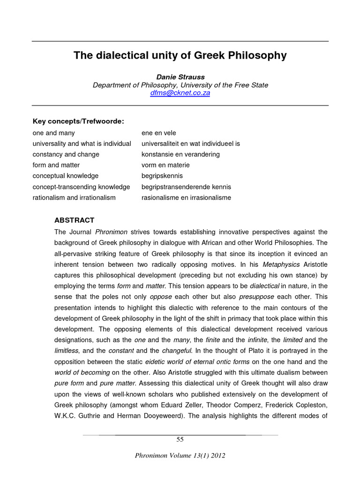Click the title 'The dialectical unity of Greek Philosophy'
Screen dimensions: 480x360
pos(180,56)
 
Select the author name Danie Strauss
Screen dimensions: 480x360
pos(180,77)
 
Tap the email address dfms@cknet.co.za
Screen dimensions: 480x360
pos(180,93)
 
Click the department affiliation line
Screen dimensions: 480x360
pos(180,85)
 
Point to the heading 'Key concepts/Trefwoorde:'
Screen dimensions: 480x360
pos(78,121)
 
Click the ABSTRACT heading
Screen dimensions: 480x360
pos(74,220)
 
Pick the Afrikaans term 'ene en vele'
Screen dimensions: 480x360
pos(158,133)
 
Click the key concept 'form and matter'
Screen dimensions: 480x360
pos(56,165)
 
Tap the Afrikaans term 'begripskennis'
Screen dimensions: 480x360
pos(162,176)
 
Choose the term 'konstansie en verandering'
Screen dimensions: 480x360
pos(180,154)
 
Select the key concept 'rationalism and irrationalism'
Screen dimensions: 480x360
pos(74,197)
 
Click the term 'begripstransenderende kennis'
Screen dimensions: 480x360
pos(186,187)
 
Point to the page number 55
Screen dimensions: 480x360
pos(180,439)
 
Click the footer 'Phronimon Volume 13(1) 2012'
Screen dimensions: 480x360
pos(180,456)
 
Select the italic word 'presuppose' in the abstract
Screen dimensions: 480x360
pos(256,297)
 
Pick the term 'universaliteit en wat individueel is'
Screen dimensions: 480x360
pos(190,143)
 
